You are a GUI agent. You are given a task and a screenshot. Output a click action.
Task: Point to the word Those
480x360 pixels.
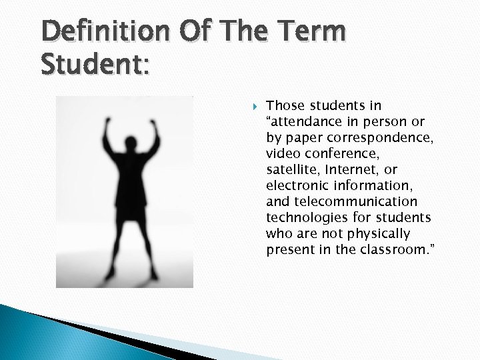click(284, 105)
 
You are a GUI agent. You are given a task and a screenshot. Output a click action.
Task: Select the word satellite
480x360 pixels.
click(292, 169)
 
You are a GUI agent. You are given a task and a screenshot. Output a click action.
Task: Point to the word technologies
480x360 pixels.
click(304, 217)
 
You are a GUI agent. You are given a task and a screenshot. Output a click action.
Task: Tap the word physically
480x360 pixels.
click(386, 233)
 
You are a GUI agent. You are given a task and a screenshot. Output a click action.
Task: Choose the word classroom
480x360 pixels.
click(393, 249)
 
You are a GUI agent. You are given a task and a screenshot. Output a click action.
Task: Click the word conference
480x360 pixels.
click(335, 153)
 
